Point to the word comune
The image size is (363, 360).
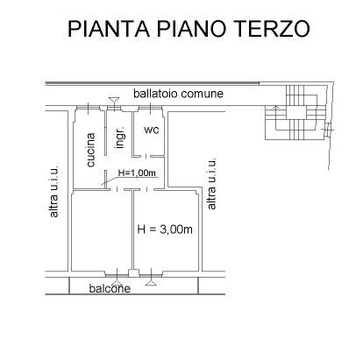(203, 94)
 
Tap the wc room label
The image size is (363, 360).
(151, 131)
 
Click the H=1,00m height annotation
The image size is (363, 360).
(137, 172)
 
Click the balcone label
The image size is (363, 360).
(109, 288)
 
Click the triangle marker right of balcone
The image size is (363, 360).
(152, 283)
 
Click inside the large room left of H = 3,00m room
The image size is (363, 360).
(101, 232)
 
